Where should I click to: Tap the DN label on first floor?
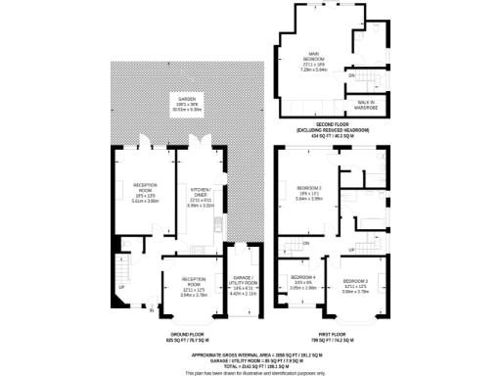(x=305, y=243)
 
